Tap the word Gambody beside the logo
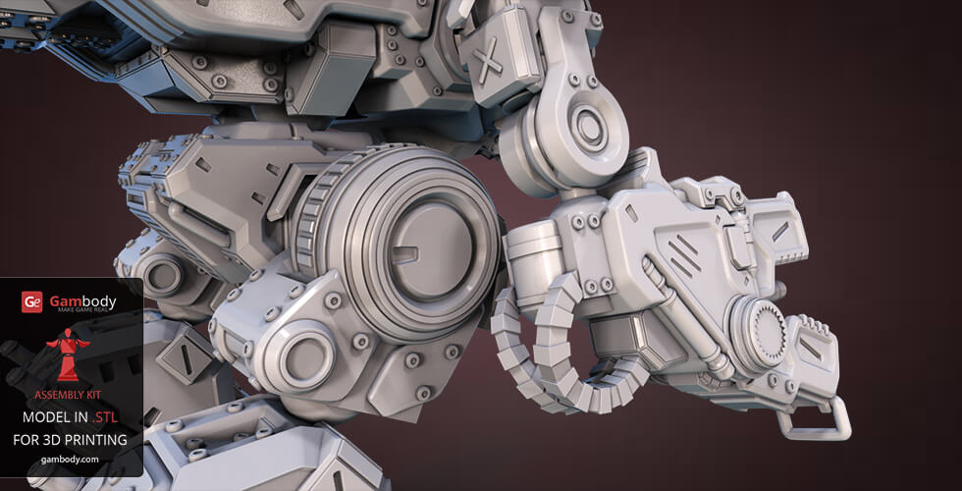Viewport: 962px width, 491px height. (x=82, y=300)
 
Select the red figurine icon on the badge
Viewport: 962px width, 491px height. (x=68, y=355)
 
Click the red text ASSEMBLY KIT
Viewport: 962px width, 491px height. (x=68, y=395)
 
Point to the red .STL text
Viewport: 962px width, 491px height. (x=104, y=418)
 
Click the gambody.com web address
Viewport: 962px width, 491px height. (x=70, y=460)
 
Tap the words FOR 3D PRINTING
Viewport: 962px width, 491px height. (x=70, y=440)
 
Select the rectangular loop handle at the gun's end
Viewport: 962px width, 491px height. (x=814, y=419)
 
